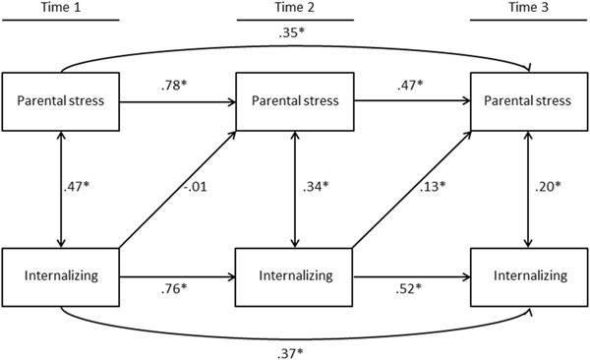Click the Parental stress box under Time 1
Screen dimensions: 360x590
[63, 99]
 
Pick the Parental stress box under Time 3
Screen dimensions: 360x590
[532, 99]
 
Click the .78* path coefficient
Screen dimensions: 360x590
[176, 86]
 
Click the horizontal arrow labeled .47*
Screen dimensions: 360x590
[412, 99]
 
